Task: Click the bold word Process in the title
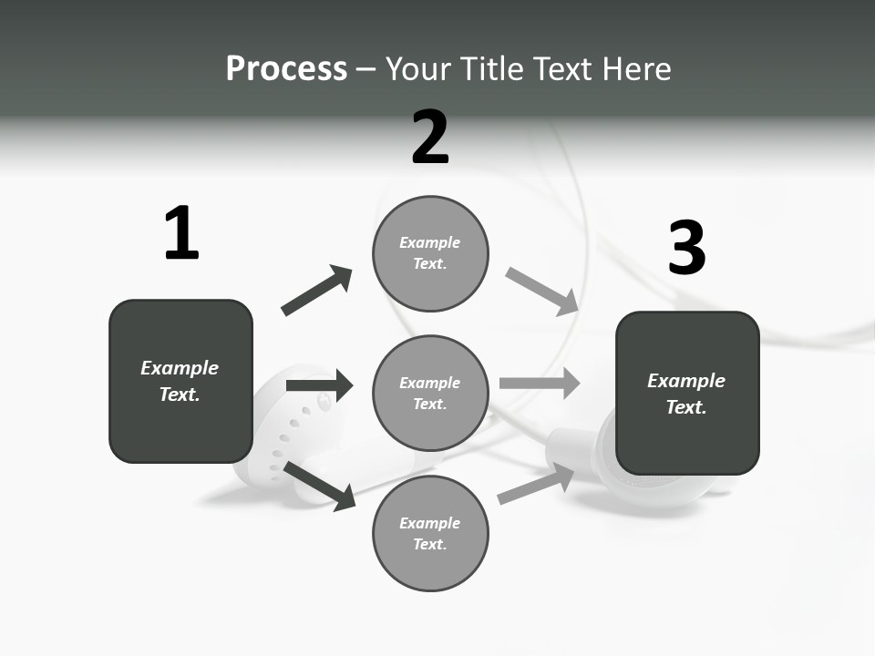(286, 69)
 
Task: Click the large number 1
(181, 233)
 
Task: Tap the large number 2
(430, 137)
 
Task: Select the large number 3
(686, 248)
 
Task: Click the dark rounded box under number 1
(180, 381)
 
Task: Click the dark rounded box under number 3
(687, 394)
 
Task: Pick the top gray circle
(430, 253)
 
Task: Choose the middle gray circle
(430, 393)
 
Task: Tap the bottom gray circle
(430, 533)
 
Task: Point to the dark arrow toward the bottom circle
(320, 486)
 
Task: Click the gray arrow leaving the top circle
(542, 292)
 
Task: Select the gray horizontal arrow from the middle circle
(540, 383)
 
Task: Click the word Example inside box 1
(180, 368)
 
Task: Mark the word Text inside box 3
(686, 407)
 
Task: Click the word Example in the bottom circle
(430, 523)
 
